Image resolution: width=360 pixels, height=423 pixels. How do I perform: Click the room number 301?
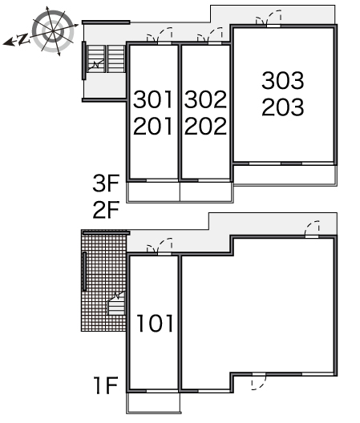[x=153, y=99]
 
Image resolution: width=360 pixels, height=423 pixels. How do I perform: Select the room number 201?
[x=153, y=126]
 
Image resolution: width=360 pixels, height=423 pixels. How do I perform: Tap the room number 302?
[x=205, y=99]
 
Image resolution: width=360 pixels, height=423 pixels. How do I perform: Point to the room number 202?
[x=205, y=126]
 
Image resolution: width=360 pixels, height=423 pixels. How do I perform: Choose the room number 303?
[x=283, y=80]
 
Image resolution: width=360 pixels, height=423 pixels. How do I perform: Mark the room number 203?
[x=283, y=107]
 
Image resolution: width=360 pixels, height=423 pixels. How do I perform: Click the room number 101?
[x=155, y=323]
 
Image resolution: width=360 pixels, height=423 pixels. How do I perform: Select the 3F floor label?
[x=106, y=183]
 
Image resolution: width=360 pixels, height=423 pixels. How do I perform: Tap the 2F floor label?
[x=106, y=210]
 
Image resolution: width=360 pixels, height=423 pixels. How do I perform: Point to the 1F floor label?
[x=106, y=385]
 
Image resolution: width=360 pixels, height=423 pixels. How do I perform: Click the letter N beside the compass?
[x=23, y=39]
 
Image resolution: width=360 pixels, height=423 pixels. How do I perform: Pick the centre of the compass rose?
[x=53, y=31]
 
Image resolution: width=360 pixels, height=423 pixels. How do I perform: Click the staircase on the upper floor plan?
[x=106, y=58]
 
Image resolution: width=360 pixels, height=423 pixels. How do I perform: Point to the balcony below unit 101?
[x=153, y=403]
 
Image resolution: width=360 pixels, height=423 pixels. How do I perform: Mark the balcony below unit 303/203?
[x=285, y=175]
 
